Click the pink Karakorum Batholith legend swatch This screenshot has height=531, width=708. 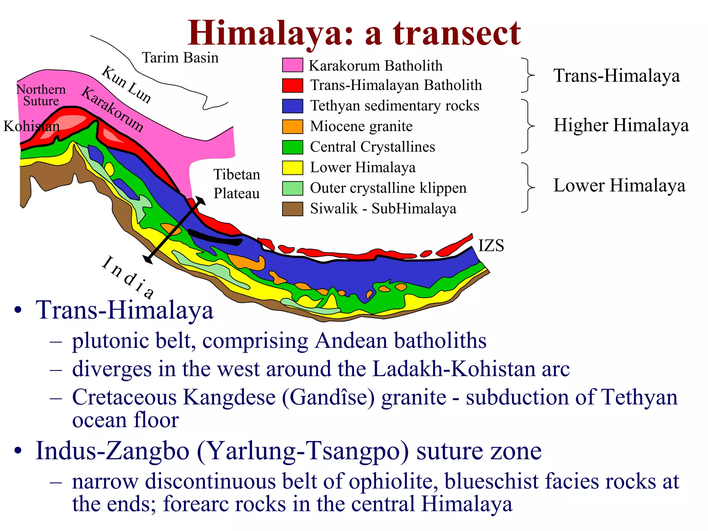[x=292, y=65]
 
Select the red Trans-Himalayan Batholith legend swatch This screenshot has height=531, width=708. [x=292, y=85]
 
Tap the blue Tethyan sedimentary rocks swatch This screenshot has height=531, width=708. [x=292, y=106]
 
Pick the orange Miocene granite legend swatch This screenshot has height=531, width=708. [x=292, y=127]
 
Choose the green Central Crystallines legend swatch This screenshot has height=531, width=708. [x=292, y=147]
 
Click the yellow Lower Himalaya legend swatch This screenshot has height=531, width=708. [x=292, y=168]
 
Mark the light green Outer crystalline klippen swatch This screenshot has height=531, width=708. [x=292, y=188]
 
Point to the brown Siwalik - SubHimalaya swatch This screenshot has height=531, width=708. [x=292, y=209]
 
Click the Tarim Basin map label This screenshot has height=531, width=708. [x=180, y=58]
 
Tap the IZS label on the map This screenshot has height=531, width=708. [x=491, y=245]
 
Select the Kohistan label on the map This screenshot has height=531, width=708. [x=31, y=126]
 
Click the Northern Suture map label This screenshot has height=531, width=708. [x=41, y=95]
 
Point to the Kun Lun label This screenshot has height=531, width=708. [x=127, y=84]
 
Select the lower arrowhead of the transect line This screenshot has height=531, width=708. [x=148, y=259]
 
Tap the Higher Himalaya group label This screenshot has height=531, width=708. [x=621, y=125]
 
